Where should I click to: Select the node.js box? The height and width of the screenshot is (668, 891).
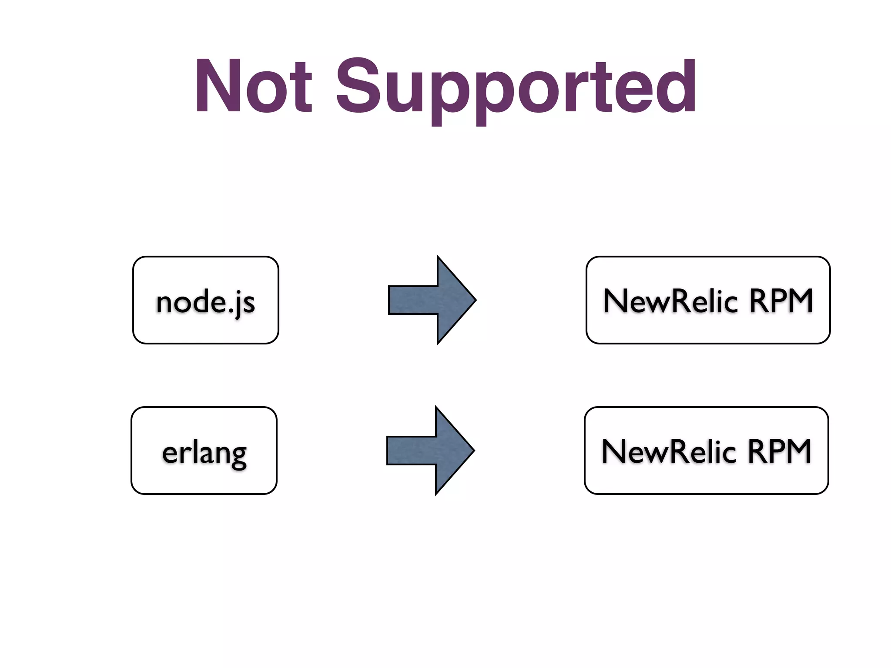(x=205, y=300)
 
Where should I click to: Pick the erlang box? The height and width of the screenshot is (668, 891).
(x=204, y=451)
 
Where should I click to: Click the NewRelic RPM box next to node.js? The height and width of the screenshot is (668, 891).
(x=708, y=300)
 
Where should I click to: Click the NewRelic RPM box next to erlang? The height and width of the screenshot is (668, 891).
(x=706, y=451)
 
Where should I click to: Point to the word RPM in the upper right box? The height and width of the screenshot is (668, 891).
(x=780, y=301)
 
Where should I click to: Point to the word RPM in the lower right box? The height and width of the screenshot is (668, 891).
(x=779, y=451)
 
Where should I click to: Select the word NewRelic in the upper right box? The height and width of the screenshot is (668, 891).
(x=670, y=301)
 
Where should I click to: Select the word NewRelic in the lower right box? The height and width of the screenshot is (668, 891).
(x=669, y=451)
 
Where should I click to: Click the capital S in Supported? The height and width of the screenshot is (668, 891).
(x=357, y=86)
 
